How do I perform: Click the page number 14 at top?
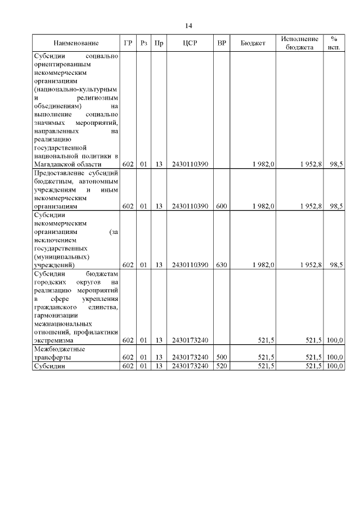coord(189,26)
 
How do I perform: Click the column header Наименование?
coord(76,43)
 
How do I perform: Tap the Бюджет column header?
coord(253,43)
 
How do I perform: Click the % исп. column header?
coord(334,43)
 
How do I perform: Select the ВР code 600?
coord(222,206)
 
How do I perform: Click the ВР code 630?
coord(222,264)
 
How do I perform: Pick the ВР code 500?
coord(222,357)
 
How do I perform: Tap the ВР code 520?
coord(222,366)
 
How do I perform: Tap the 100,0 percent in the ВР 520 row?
coord(335,366)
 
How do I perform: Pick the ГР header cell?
coord(128,43)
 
